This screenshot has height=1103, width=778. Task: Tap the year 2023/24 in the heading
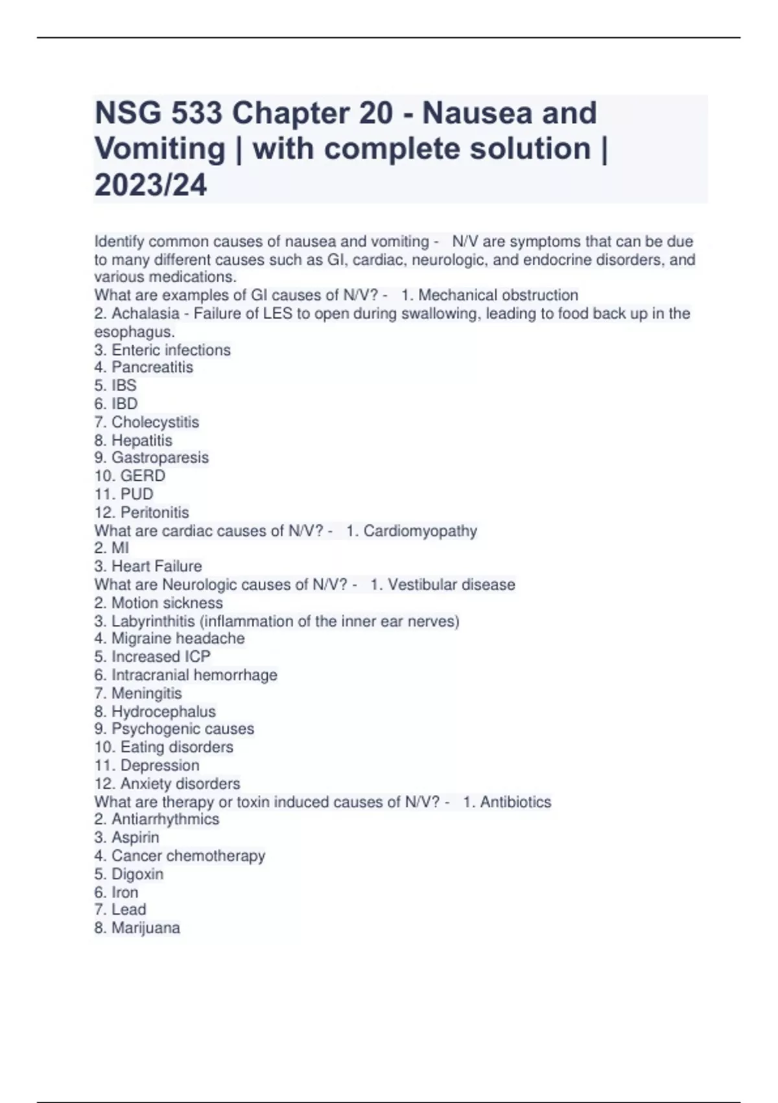pyautogui.click(x=150, y=186)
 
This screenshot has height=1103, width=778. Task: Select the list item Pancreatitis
pyautogui.click(x=152, y=367)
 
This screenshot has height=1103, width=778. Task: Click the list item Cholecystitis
pyautogui.click(x=155, y=422)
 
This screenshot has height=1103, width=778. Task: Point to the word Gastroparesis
pyautogui.click(x=159, y=457)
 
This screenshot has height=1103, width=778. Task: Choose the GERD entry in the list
pyautogui.click(x=143, y=476)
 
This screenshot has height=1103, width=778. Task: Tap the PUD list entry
pyautogui.click(x=137, y=494)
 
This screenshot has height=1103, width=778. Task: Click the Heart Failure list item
pyautogui.click(x=156, y=566)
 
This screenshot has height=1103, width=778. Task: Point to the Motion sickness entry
pyautogui.click(x=167, y=603)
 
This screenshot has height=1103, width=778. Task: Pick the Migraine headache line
pyautogui.click(x=178, y=638)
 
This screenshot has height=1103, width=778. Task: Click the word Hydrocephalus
pyautogui.click(x=163, y=712)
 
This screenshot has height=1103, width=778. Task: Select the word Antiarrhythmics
pyautogui.click(x=165, y=819)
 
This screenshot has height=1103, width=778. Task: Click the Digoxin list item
pyautogui.click(x=137, y=874)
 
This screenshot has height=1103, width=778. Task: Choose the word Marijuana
pyautogui.click(x=145, y=928)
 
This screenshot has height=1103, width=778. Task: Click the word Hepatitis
pyautogui.click(x=141, y=441)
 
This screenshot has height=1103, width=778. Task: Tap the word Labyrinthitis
pyautogui.click(x=153, y=622)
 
